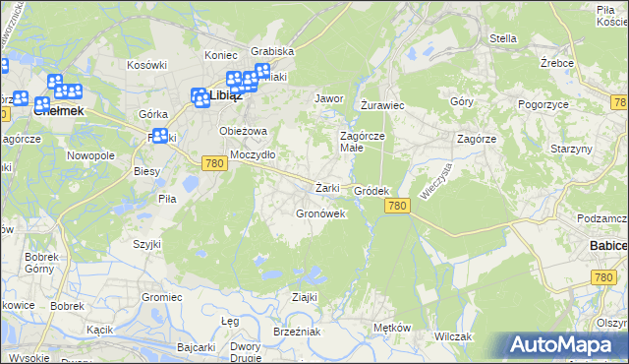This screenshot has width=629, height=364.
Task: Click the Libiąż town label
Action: coord(226,96)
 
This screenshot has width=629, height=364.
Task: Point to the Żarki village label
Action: coord(327,188)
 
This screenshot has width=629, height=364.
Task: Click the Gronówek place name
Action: coord(320,213)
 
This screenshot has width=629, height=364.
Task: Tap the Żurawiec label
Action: coord(383,104)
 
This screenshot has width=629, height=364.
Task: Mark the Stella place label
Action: coord(503,39)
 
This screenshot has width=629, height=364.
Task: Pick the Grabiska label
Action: coord(272,51)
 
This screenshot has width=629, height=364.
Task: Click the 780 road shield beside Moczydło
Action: coord(215,164)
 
